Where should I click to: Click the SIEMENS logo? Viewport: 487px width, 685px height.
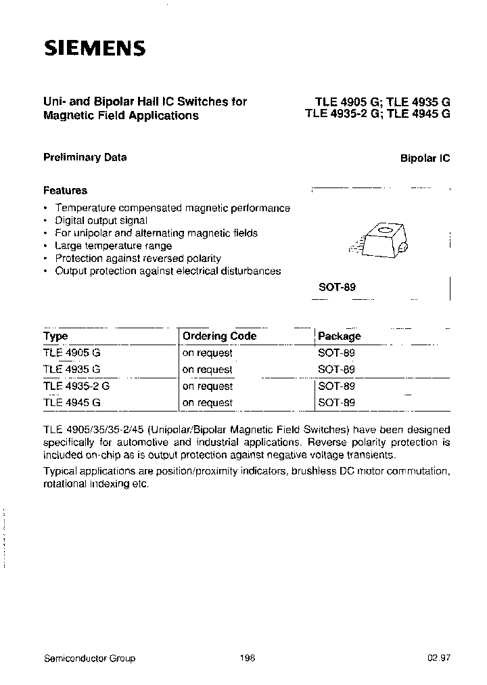(x=95, y=48)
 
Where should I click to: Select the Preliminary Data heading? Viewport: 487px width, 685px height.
(x=85, y=157)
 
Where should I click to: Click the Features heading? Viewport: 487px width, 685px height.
(x=65, y=191)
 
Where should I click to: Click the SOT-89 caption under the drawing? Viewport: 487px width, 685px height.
(x=337, y=287)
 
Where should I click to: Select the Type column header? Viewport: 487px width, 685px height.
(x=55, y=336)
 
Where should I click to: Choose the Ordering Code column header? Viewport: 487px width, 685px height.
(x=219, y=336)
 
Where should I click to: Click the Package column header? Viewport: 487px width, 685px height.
(x=340, y=336)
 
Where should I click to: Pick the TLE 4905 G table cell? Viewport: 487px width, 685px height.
(x=72, y=353)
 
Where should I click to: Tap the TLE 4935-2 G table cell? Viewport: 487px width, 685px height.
(x=76, y=386)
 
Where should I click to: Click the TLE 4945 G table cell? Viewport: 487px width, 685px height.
(x=72, y=403)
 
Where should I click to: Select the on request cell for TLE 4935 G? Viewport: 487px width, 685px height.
(x=207, y=370)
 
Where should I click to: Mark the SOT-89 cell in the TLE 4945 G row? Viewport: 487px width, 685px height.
(x=336, y=403)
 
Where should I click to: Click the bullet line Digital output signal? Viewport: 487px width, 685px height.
(x=101, y=221)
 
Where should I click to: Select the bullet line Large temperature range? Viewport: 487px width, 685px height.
(x=113, y=246)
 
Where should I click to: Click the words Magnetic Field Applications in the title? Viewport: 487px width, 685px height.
(x=120, y=116)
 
